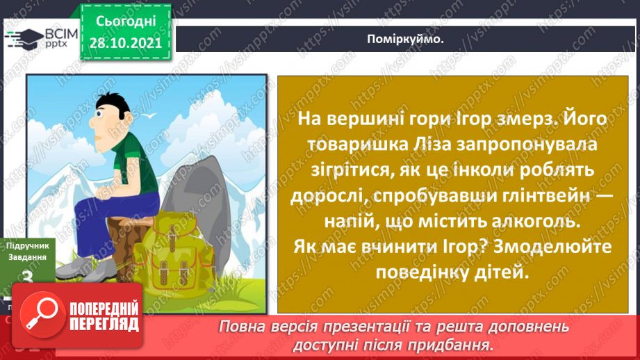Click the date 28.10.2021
point(126,42)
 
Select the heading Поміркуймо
point(405,39)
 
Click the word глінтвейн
point(526,197)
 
